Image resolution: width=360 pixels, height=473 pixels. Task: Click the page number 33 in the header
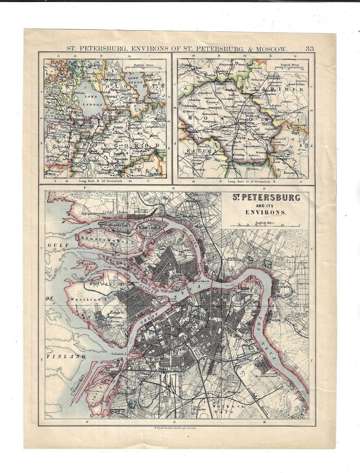(309, 49)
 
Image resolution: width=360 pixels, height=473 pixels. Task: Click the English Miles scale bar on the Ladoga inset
(144, 68)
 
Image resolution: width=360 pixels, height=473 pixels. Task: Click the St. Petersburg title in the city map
(266, 198)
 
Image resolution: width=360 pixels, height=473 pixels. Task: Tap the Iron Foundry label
(198, 409)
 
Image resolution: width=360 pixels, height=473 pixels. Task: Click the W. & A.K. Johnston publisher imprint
(176, 428)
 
